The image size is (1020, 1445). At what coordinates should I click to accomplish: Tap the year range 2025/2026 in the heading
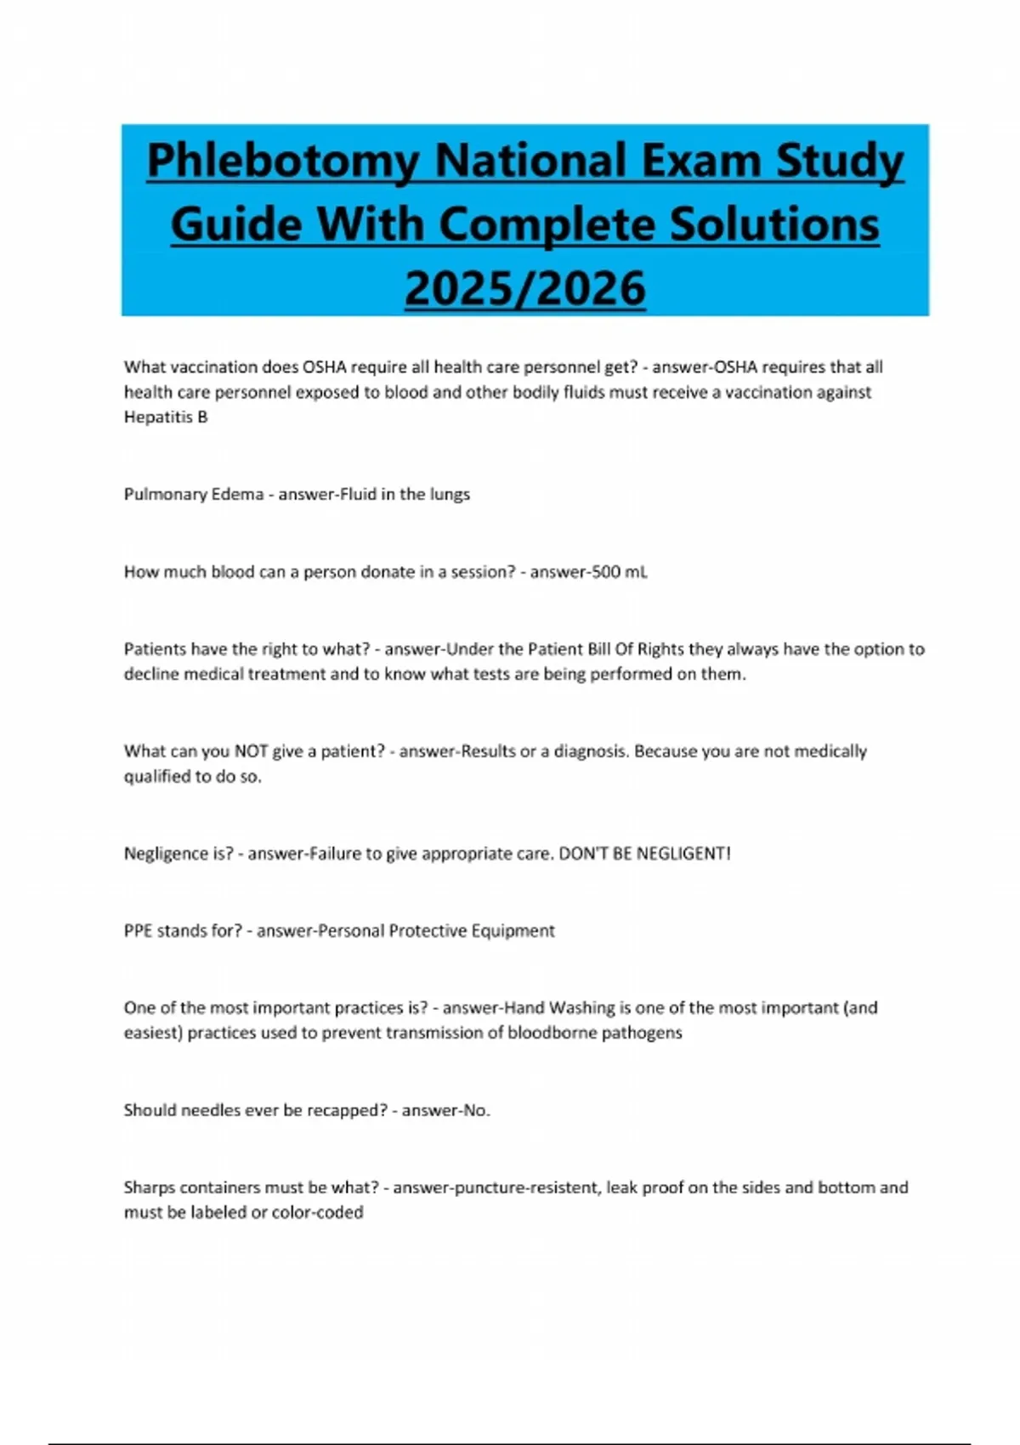tap(525, 288)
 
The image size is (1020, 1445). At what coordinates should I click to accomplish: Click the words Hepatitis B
tap(166, 417)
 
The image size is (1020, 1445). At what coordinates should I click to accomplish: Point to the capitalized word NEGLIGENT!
tap(683, 853)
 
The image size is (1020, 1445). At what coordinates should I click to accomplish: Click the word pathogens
tap(642, 1034)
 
